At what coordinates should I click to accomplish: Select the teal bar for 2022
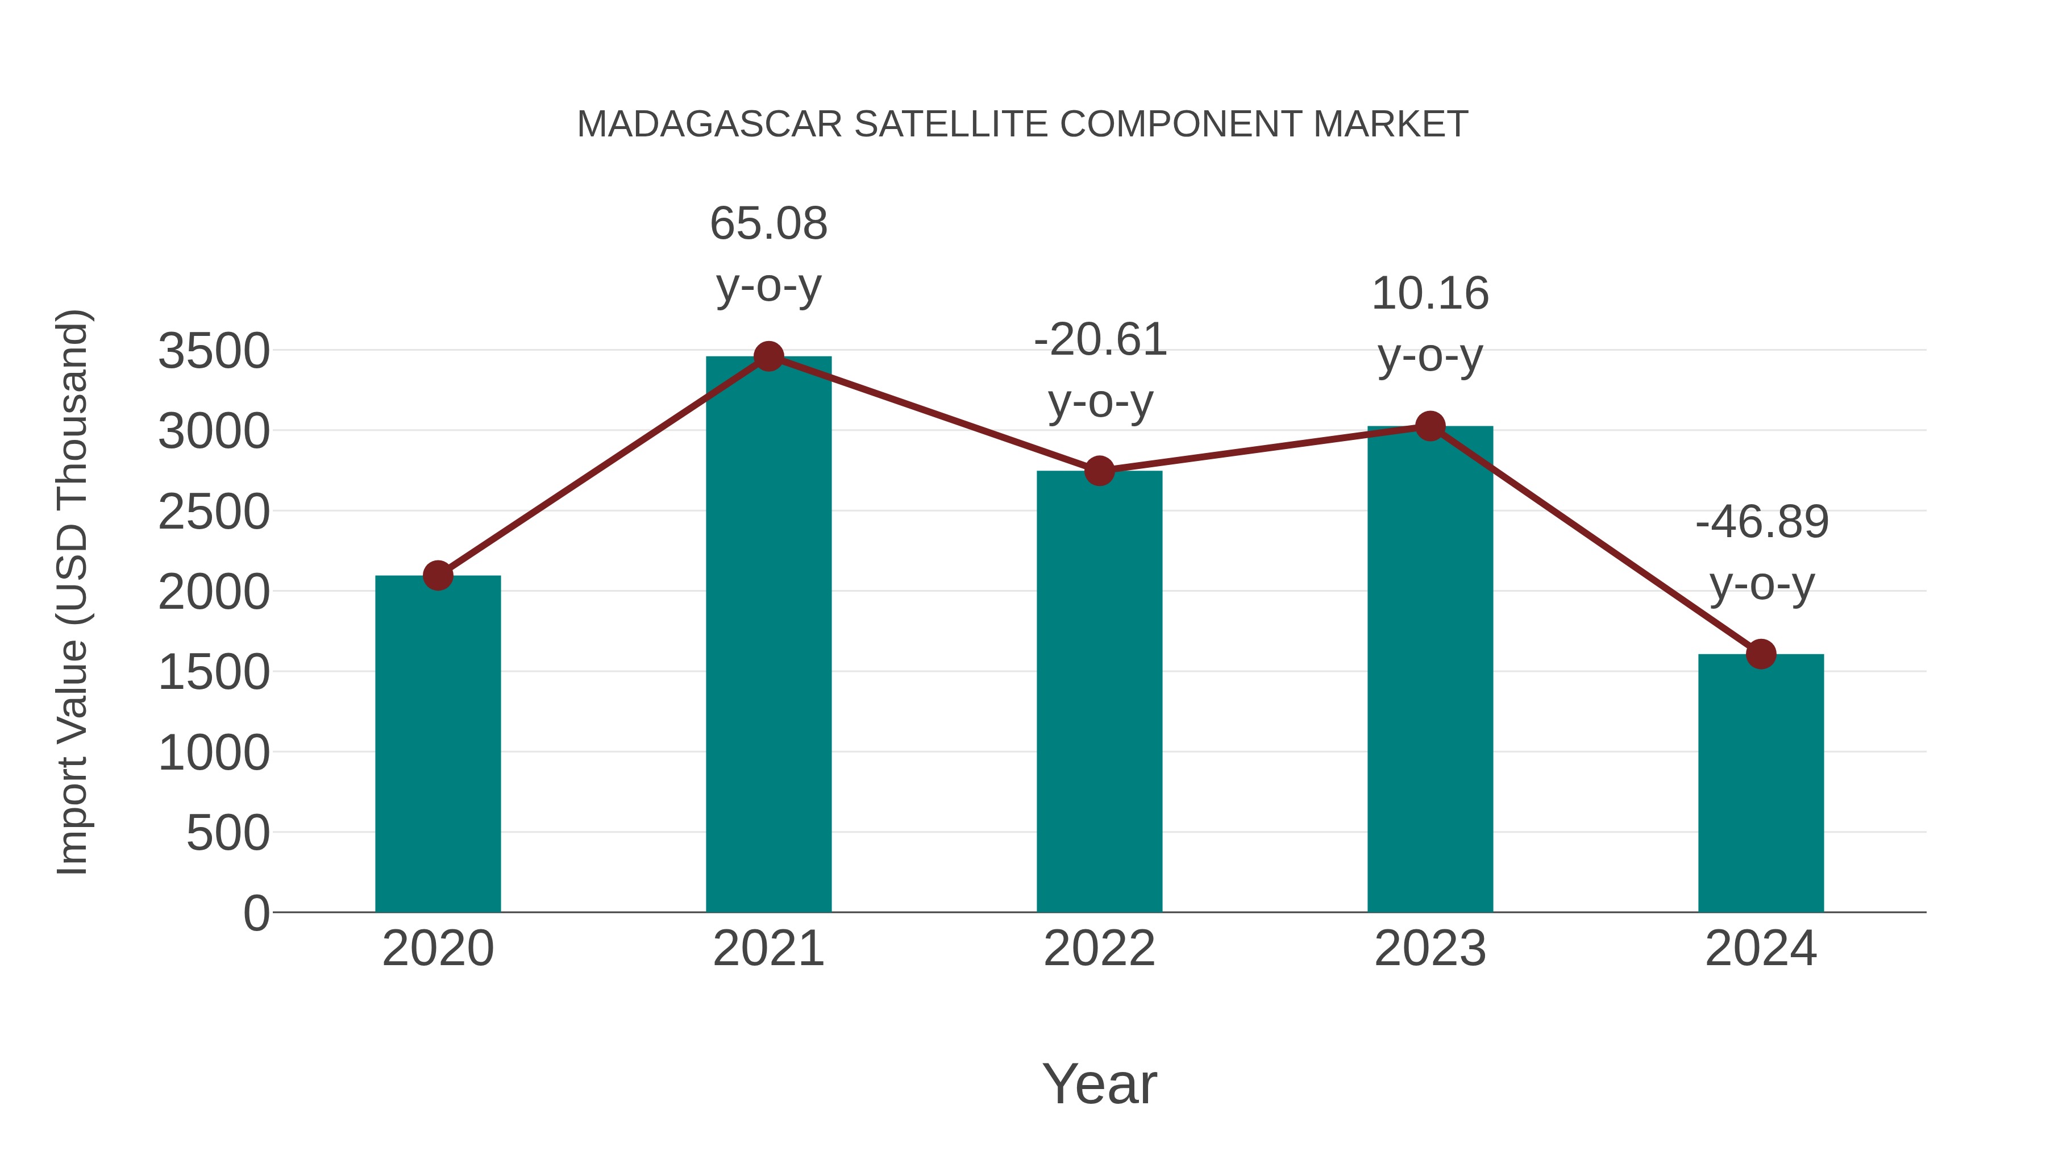click(x=1099, y=691)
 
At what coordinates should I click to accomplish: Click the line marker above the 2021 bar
click(x=768, y=356)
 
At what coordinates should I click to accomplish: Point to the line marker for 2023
click(x=1430, y=426)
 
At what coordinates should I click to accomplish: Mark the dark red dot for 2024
click(x=1761, y=655)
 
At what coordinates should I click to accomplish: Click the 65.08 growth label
click(x=768, y=223)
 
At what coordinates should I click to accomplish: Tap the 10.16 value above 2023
click(x=1430, y=294)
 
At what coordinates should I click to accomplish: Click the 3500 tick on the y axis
click(x=214, y=352)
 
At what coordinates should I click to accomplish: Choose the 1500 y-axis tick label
click(x=214, y=673)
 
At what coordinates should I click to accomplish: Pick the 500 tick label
click(x=228, y=833)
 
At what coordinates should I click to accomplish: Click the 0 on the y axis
click(x=256, y=913)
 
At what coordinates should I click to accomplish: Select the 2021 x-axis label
click(x=768, y=949)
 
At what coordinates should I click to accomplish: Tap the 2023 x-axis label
click(x=1430, y=949)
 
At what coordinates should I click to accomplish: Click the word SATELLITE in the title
click(x=950, y=124)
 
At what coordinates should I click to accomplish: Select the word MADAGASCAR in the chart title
click(x=709, y=124)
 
